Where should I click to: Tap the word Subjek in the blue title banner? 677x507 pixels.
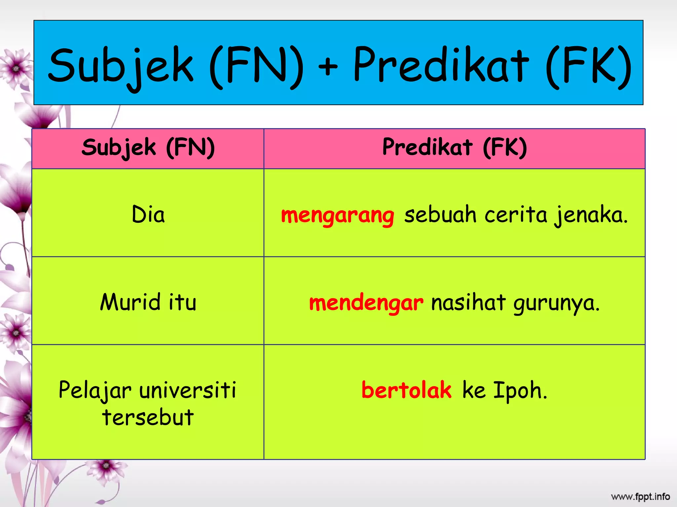[x=121, y=66]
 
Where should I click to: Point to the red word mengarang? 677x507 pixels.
[x=338, y=215]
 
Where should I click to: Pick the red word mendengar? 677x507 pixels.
[x=366, y=303]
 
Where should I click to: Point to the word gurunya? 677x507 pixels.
[x=556, y=303]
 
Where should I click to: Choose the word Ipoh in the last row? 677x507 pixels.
[x=520, y=391]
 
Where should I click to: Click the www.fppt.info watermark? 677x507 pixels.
[x=640, y=496]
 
